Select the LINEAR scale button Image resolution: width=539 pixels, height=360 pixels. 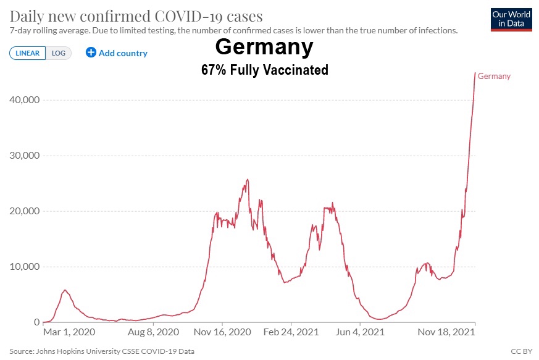coord(28,53)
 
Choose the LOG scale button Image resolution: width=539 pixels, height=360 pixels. coord(59,53)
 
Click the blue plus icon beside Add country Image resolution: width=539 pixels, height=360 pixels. coord(91,52)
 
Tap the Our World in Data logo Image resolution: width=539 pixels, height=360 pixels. coord(511,19)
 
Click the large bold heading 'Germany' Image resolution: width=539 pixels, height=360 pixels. coord(264,48)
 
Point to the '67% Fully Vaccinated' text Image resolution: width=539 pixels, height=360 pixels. coord(264,70)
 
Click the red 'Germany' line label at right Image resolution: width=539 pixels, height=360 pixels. coord(495,76)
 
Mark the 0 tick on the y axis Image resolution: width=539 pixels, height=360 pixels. coord(36,322)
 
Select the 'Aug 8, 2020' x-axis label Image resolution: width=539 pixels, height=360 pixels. coord(154,332)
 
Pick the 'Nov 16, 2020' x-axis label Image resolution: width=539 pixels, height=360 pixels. coord(222,332)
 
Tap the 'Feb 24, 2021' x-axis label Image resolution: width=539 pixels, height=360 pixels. coord(291,332)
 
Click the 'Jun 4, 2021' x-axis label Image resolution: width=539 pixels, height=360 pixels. coord(360,332)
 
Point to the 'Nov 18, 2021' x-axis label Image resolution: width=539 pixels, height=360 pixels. coord(447,332)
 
